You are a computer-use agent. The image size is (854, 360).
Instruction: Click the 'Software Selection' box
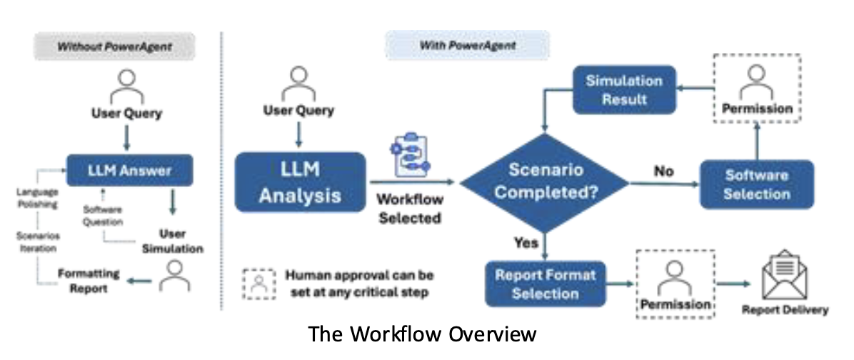(x=756, y=184)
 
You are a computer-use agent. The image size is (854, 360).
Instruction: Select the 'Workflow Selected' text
(x=410, y=210)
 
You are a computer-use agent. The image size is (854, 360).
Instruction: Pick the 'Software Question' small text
(x=104, y=216)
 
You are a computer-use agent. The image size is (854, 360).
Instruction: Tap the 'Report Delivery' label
(x=785, y=310)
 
